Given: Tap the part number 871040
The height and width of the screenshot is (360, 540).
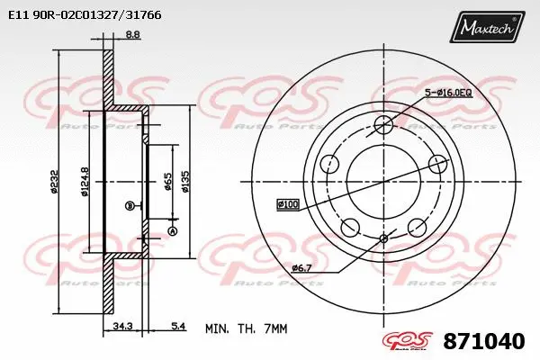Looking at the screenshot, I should click(x=484, y=342).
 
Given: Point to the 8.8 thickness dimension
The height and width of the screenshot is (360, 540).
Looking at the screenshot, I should click(x=132, y=35).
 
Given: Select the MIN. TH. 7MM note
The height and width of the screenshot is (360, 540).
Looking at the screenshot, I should click(x=246, y=329).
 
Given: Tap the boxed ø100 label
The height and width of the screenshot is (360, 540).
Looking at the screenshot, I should click(x=287, y=204).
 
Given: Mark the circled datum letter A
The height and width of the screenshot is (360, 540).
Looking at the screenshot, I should click(x=173, y=230).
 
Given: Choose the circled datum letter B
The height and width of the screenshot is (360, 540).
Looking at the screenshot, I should click(x=130, y=205).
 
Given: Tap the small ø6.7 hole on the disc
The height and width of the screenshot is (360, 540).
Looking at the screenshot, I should click(x=384, y=238).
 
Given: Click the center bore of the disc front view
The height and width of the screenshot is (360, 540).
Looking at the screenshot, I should click(x=384, y=176).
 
